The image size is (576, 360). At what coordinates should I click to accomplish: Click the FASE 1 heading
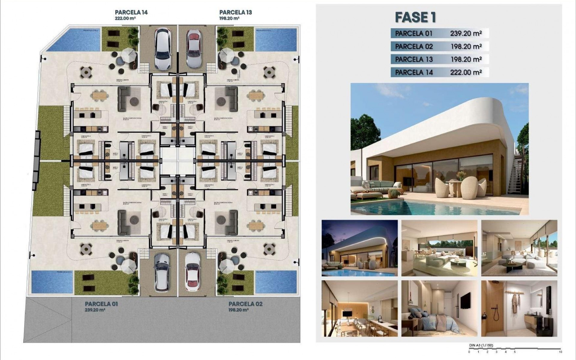click(415, 17)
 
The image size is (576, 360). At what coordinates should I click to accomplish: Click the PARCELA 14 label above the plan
click(131, 12)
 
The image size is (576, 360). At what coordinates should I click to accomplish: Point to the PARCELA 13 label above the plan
click(235, 12)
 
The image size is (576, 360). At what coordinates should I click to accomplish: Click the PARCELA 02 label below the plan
click(245, 304)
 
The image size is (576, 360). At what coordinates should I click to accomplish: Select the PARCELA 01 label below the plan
click(101, 304)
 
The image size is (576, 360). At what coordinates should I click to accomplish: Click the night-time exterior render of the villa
click(359, 248)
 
